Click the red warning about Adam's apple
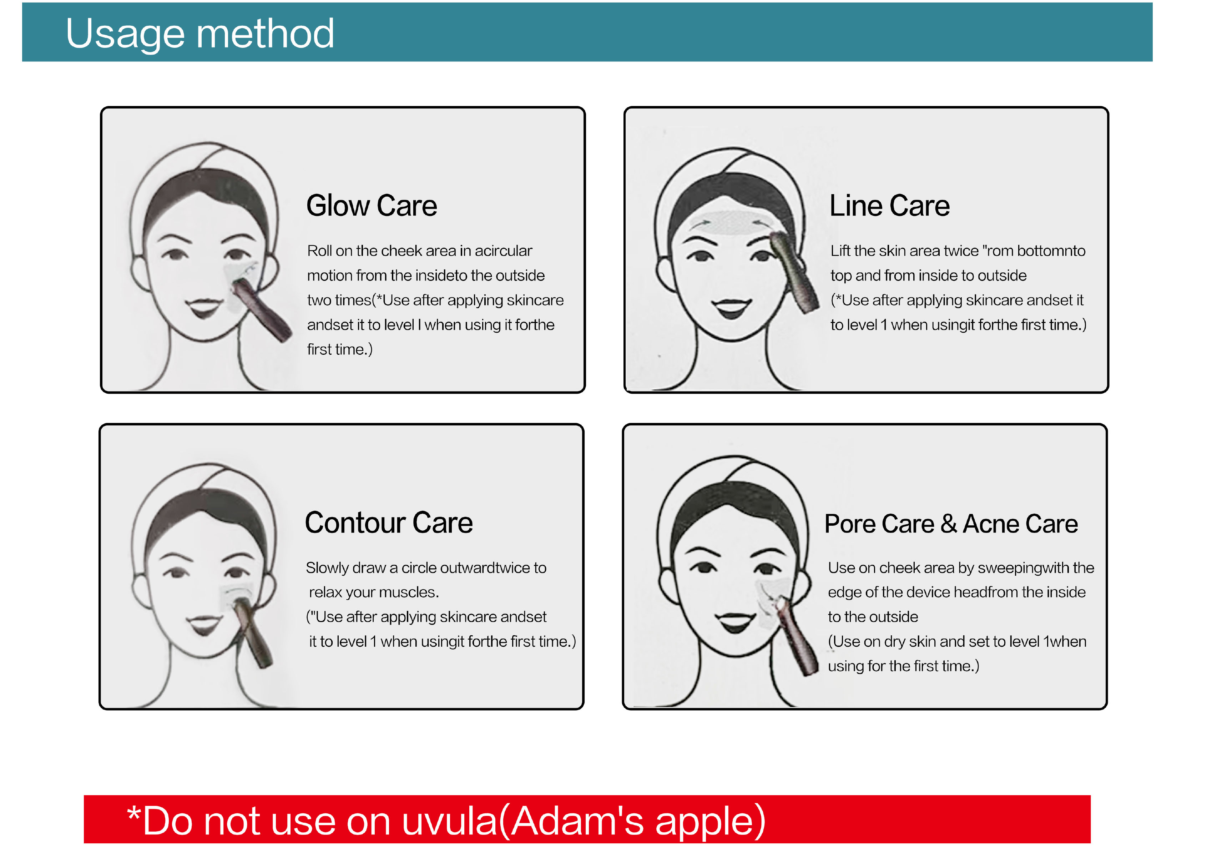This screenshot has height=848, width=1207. pos(446,821)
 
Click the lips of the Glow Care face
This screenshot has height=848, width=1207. pos(204,307)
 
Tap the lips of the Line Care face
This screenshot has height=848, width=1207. pos(731,308)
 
